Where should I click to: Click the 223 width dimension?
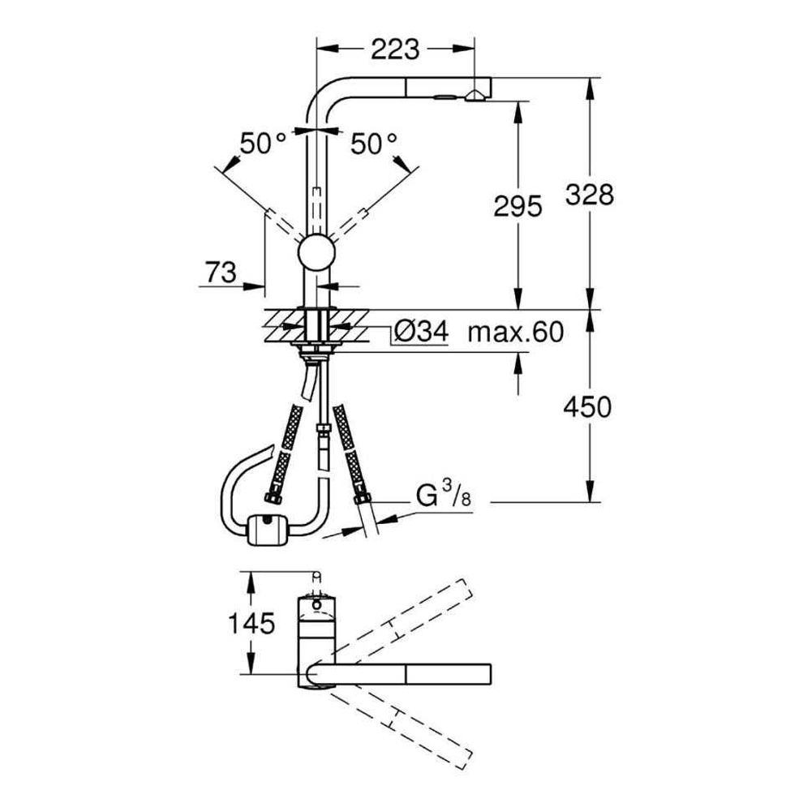click(395, 49)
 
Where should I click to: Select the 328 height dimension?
click(590, 195)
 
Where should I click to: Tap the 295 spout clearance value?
click(517, 206)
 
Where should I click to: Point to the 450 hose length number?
click(587, 408)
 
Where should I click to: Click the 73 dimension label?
click(221, 273)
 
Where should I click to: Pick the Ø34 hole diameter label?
click(422, 332)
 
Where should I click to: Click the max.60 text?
click(516, 332)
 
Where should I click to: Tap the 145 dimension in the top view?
click(251, 624)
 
